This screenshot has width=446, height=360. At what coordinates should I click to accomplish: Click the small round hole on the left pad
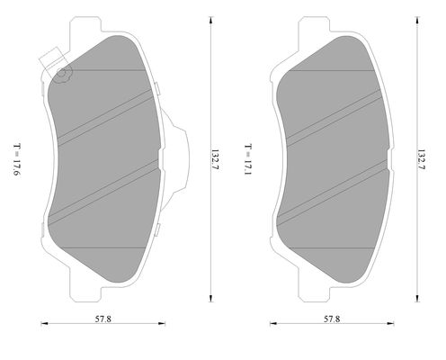[x=62, y=74]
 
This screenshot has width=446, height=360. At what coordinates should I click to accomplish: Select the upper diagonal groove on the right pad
[x=333, y=113]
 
